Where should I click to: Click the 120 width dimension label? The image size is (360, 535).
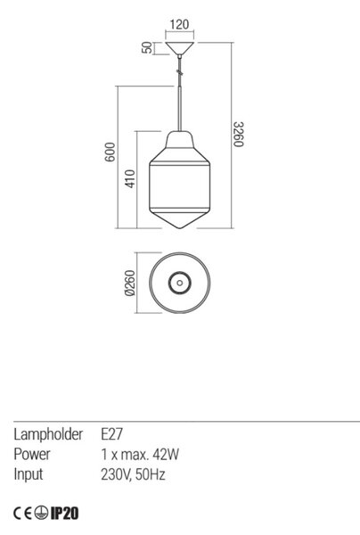[x=179, y=25]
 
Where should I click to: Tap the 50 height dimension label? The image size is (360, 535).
[x=147, y=47]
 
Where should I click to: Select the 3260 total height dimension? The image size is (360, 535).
[x=239, y=134]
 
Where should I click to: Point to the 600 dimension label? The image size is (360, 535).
[x=110, y=152]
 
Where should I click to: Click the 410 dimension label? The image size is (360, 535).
[x=130, y=179]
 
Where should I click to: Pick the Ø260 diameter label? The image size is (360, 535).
[x=130, y=283]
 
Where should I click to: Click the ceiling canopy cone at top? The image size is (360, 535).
[x=180, y=48]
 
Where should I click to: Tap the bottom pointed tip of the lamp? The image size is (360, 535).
[x=180, y=228]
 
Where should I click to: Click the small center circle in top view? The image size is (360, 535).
[x=180, y=283]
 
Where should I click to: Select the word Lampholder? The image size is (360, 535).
[x=48, y=435]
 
